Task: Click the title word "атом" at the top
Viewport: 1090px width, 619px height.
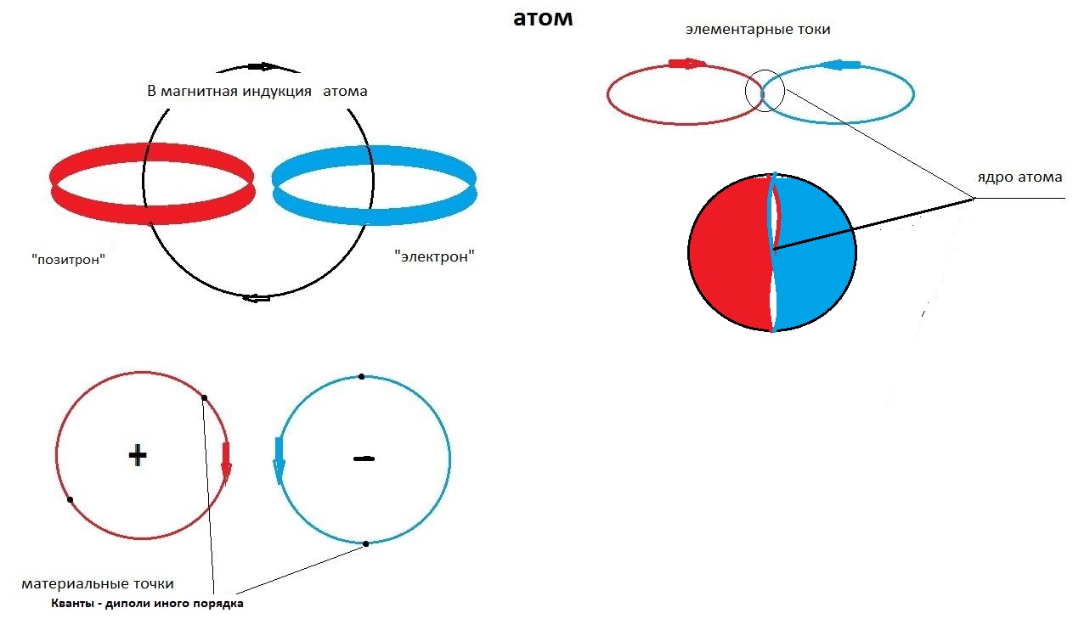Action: click(x=543, y=19)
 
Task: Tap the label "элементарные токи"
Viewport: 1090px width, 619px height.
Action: click(x=758, y=29)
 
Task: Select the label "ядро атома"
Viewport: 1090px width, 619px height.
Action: click(x=1019, y=177)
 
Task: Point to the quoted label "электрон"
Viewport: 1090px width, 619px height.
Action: click(x=434, y=256)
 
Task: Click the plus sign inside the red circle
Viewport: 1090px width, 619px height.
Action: click(x=138, y=455)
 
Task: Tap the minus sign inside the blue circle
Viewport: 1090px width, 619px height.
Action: click(x=364, y=459)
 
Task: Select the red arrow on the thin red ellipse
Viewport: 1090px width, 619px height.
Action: click(x=687, y=63)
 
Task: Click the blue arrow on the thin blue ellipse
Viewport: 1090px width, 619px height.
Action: click(x=841, y=65)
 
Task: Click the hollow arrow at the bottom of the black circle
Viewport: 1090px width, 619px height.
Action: click(x=256, y=297)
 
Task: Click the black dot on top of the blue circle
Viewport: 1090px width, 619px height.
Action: click(x=361, y=376)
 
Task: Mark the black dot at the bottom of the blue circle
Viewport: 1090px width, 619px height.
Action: click(x=366, y=543)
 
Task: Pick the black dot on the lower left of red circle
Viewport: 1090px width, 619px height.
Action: click(x=70, y=499)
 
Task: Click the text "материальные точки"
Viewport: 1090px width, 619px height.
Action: click(x=98, y=584)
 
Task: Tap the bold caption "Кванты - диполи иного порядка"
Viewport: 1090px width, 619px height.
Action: click(x=147, y=604)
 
